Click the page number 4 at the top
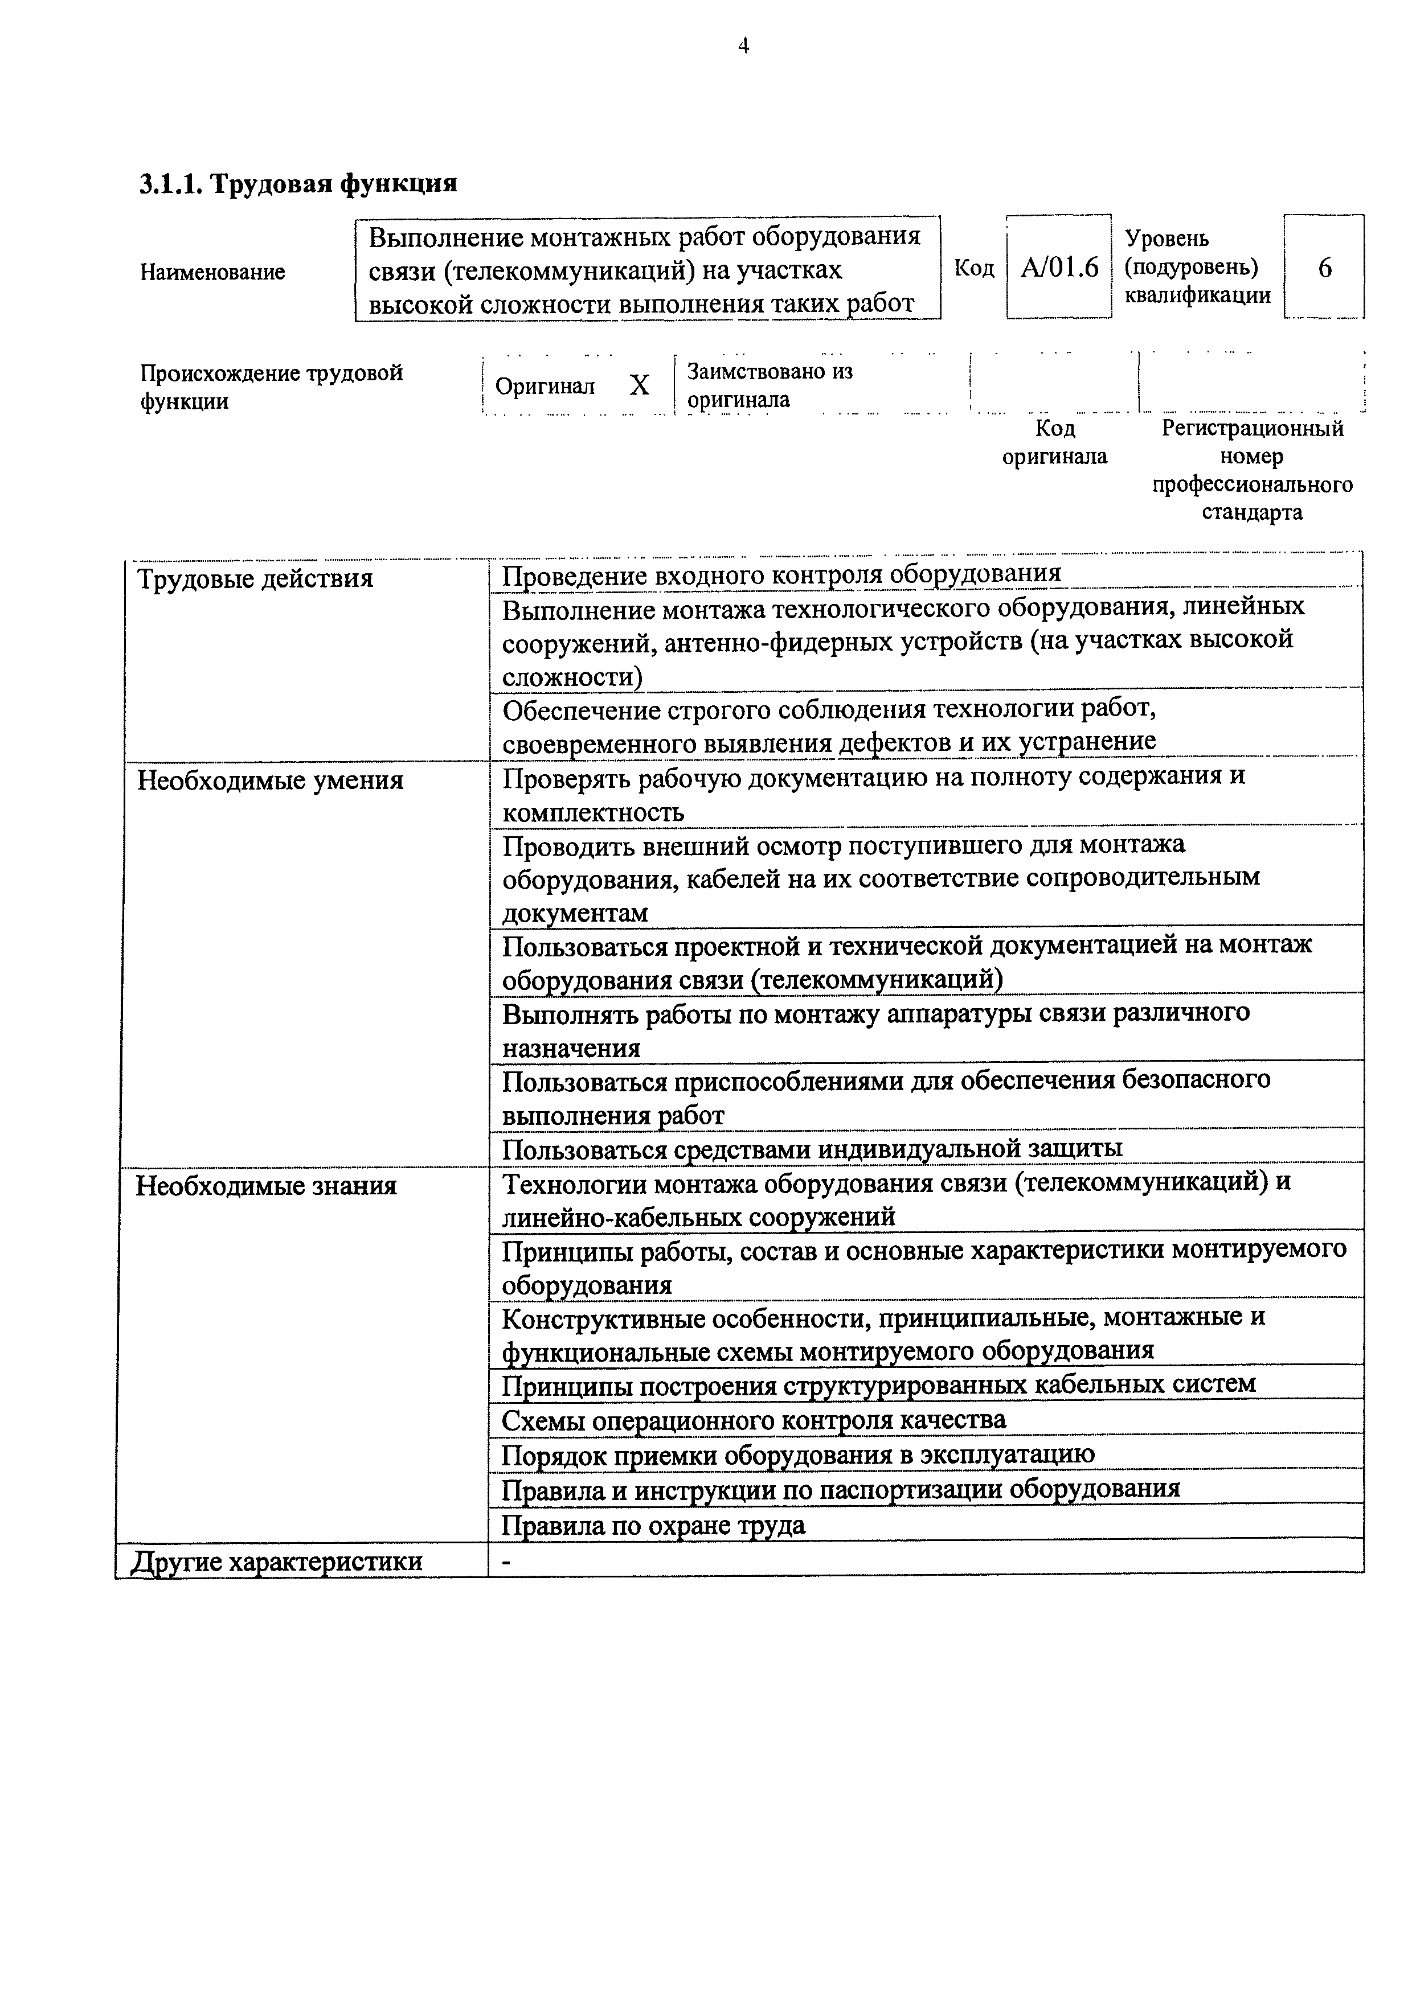[743, 46]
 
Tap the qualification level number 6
[1324, 268]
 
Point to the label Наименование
[212, 272]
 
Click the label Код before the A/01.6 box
[975, 268]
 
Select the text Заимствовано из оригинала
[769, 385]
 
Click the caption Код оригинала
[1054, 442]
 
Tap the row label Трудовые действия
[255, 578]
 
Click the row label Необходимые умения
[269, 780]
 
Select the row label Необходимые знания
[265, 1185]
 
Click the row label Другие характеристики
[277, 1562]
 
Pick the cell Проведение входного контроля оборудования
[781, 574]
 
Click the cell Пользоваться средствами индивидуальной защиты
[812, 1148]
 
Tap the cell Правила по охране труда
[653, 1525]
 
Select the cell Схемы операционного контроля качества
[754, 1419]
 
